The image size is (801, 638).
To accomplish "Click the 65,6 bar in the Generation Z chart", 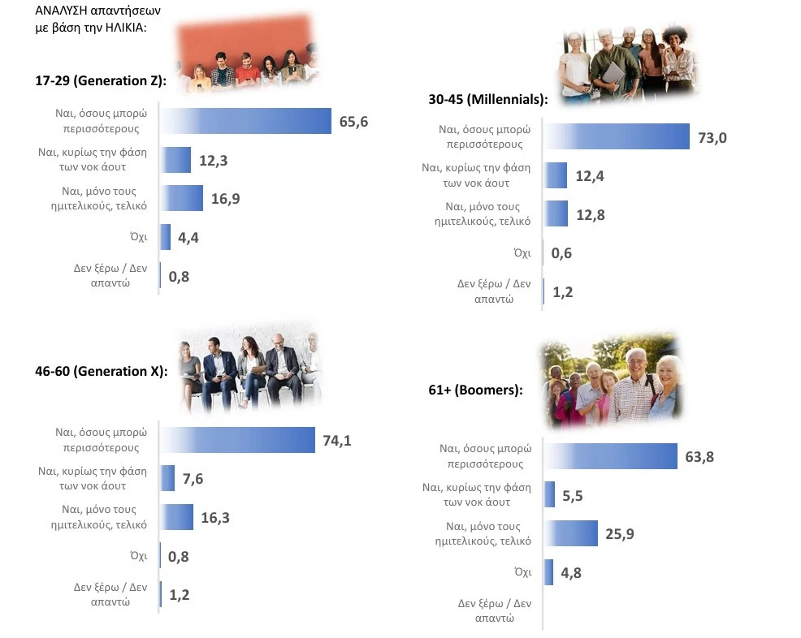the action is (x=245, y=121).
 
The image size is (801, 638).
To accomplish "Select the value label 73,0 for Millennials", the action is (x=712, y=138).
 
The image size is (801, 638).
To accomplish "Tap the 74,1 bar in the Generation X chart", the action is (x=237, y=440).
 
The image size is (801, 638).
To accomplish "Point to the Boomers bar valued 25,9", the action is (x=570, y=533).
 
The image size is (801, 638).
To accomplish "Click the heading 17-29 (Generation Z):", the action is (x=101, y=80).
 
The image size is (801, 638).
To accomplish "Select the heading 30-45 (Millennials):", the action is (x=488, y=99).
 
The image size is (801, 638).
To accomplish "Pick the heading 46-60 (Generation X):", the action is (x=102, y=371).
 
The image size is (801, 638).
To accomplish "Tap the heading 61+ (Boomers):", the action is (x=475, y=390).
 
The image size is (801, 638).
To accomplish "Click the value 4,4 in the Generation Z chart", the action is (x=188, y=237).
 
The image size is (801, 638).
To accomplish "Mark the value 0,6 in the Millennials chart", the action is (x=561, y=253).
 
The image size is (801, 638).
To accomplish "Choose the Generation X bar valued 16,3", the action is (x=177, y=517).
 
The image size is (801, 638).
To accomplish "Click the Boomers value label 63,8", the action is (x=699, y=457).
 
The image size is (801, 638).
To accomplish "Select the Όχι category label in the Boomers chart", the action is (x=522, y=572).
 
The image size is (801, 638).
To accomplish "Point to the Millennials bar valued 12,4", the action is (x=556, y=175).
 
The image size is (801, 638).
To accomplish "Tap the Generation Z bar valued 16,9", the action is (x=181, y=198).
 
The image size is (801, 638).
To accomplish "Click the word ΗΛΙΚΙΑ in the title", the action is (x=125, y=28).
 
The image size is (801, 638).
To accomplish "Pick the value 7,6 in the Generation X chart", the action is (x=193, y=479).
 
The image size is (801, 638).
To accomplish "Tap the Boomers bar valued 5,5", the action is (x=549, y=494).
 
